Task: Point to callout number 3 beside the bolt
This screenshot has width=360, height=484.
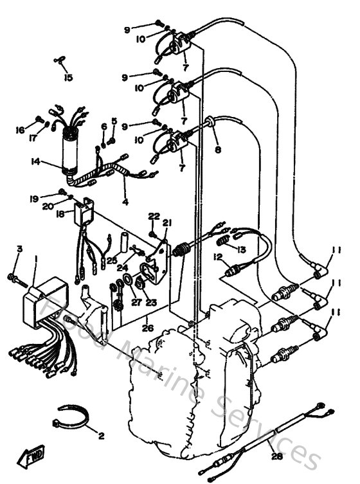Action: (x=19, y=249)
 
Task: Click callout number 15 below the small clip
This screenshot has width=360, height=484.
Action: (x=69, y=78)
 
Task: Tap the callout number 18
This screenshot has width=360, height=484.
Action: (x=60, y=214)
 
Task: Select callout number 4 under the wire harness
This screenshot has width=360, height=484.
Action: (x=125, y=202)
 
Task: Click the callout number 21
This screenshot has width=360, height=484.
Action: (x=167, y=223)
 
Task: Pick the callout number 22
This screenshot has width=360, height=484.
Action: (x=154, y=216)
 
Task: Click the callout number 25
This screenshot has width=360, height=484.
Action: (x=112, y=260)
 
